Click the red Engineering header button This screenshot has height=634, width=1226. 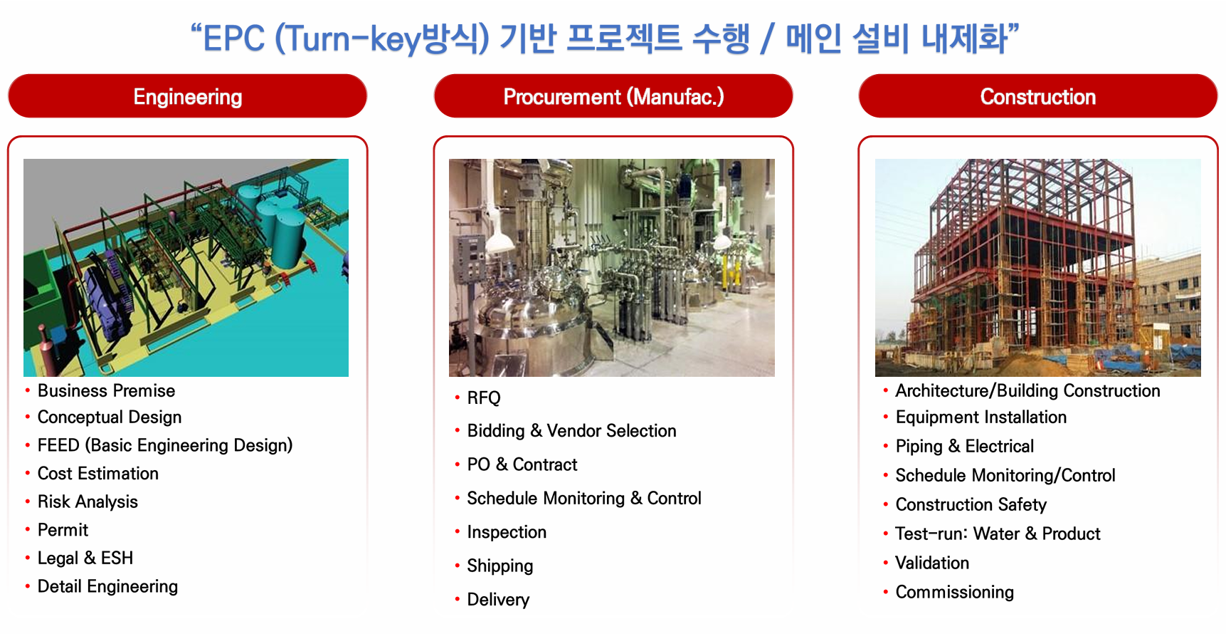[x=187, y=96]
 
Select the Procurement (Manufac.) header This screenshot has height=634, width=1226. [x=613, y=96]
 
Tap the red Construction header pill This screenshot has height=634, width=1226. [x=1038, y=96]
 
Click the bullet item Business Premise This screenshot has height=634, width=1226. [x=106, y=391]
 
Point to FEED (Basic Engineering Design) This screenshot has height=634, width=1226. [x=165, y=445]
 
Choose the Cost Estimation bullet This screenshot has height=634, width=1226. [x=98, y=474]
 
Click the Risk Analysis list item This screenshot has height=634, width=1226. [x=88, y=502]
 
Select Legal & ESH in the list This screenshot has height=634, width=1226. [x=85, y=558]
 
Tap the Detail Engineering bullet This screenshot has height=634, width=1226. [x=107, y=587]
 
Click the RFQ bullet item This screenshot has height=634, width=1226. [x=484, y=398]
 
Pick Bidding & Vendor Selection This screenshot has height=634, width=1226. [x=571, y=431]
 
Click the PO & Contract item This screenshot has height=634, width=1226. [x=522, y=464]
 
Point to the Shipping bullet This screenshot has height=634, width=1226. [x=500, y=566]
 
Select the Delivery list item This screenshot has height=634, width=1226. [x=498, y=600]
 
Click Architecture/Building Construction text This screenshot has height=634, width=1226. [x=1027, y=391]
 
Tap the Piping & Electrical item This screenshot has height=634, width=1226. [x=965, y=447]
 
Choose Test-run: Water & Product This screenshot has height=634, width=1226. [x=998, y=534]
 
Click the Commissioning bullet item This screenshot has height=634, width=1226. [x=955, y=593]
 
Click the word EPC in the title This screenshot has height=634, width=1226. [x=234, y=38]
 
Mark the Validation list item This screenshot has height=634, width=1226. [x=932, y=563]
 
